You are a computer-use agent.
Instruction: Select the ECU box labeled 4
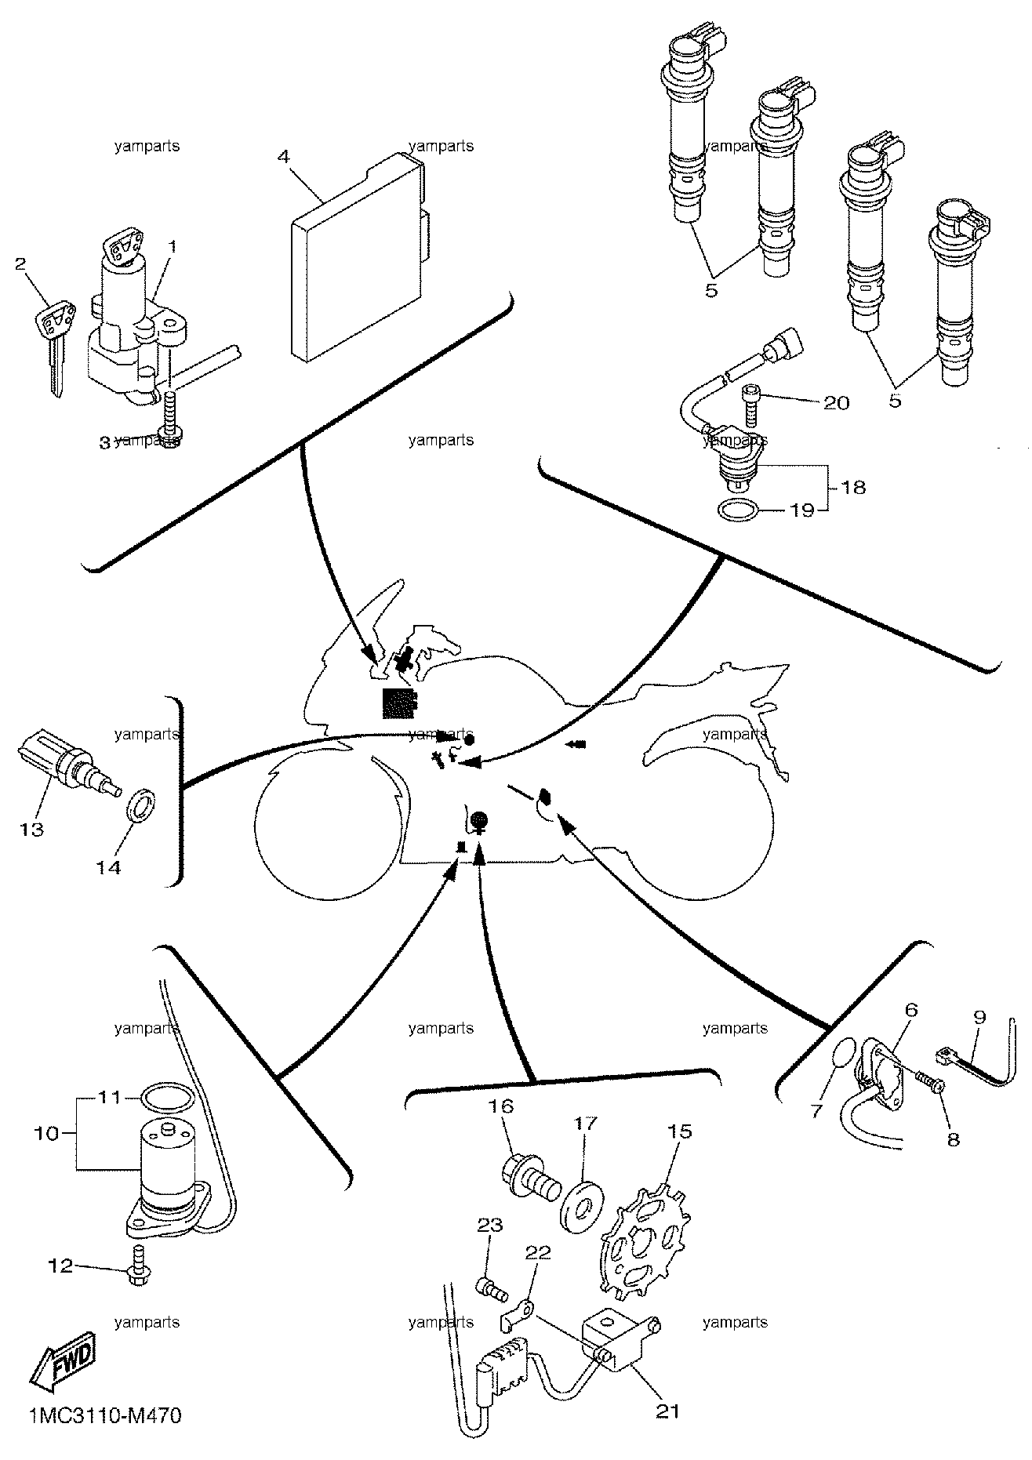[359, 258]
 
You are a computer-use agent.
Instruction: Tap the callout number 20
[836, 402]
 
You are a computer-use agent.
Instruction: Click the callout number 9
[979, 1018]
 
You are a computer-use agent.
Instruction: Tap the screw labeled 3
[169, 419]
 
